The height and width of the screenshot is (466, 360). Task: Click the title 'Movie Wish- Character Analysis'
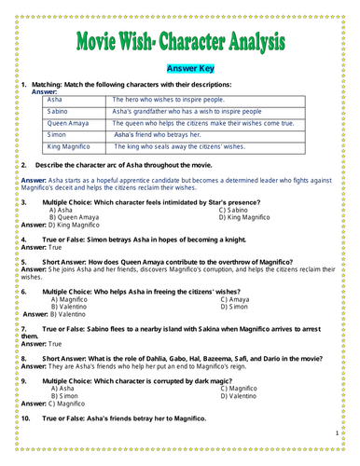pyautogui.click(x=180, y=43)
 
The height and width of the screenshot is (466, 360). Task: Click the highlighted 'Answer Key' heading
pyautogui.click(x=179, y=68)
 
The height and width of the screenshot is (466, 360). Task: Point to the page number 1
pyautogui.click(x=336, y=433)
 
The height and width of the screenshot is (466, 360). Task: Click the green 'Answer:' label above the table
pyautogui.click(x=44, y=91)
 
